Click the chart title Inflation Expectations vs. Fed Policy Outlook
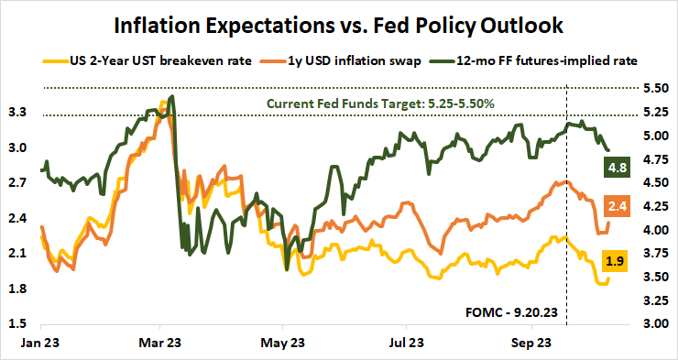click(338, 21)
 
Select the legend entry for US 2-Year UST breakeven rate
click(137, 60)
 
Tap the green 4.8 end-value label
click(616, 168)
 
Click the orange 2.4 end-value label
click(616, 207)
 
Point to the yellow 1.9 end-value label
click(616, 261)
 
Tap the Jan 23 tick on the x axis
click(40, 344)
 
